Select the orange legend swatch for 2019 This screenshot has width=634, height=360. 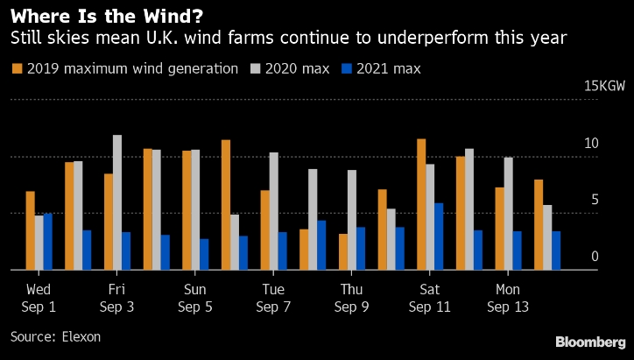pyautogui.click(x=17, y=68)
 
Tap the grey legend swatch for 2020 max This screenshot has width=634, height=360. pyautogui.click(x=256, y=68)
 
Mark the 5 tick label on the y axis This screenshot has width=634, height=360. pyautogui.click(x=595, y=200)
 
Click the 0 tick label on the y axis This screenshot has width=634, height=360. pyautogui.click(x=595, y=256)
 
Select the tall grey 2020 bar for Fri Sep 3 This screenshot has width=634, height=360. pyautogui.click(x=117, y=202)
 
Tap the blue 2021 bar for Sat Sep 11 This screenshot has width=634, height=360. pyautogui.click(x=439, y=236)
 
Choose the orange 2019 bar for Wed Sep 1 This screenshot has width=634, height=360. pyautogui.click(x=31, y=230)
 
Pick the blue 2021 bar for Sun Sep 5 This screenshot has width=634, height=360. pyautogui.click(x=204, y=254)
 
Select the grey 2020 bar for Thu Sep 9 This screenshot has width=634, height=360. pyautogui.click(x=351, y=220)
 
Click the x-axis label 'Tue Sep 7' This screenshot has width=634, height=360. pyautogui.click(x=273, y=298)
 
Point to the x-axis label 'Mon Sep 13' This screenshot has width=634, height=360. pyautogui.click(x=507, y=298)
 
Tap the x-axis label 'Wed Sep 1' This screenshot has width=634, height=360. pyautogui.click(x=39, y=298)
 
